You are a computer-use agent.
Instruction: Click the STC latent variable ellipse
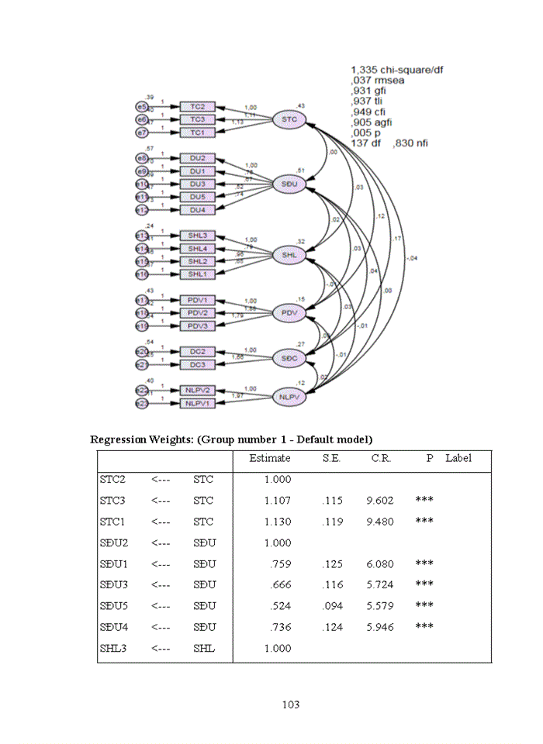point(290,119)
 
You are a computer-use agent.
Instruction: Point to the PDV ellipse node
point(290,312)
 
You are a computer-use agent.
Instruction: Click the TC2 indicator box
point(198,106)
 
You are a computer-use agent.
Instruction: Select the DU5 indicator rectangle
point(198,197)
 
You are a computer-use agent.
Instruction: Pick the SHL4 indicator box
point(198,248)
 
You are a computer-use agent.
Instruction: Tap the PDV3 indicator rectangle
point(198,325)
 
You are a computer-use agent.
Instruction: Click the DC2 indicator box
point(198,351)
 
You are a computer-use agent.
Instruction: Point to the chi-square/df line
point(397,69)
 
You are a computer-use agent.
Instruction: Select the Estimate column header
point(270,458)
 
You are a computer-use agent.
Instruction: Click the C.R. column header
point(380,458)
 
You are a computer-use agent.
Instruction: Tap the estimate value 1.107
point(278,501)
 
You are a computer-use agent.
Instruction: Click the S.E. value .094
point(331,606)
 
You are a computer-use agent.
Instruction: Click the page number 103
point(290,704)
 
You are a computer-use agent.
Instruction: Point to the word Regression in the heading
point(118,439)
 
